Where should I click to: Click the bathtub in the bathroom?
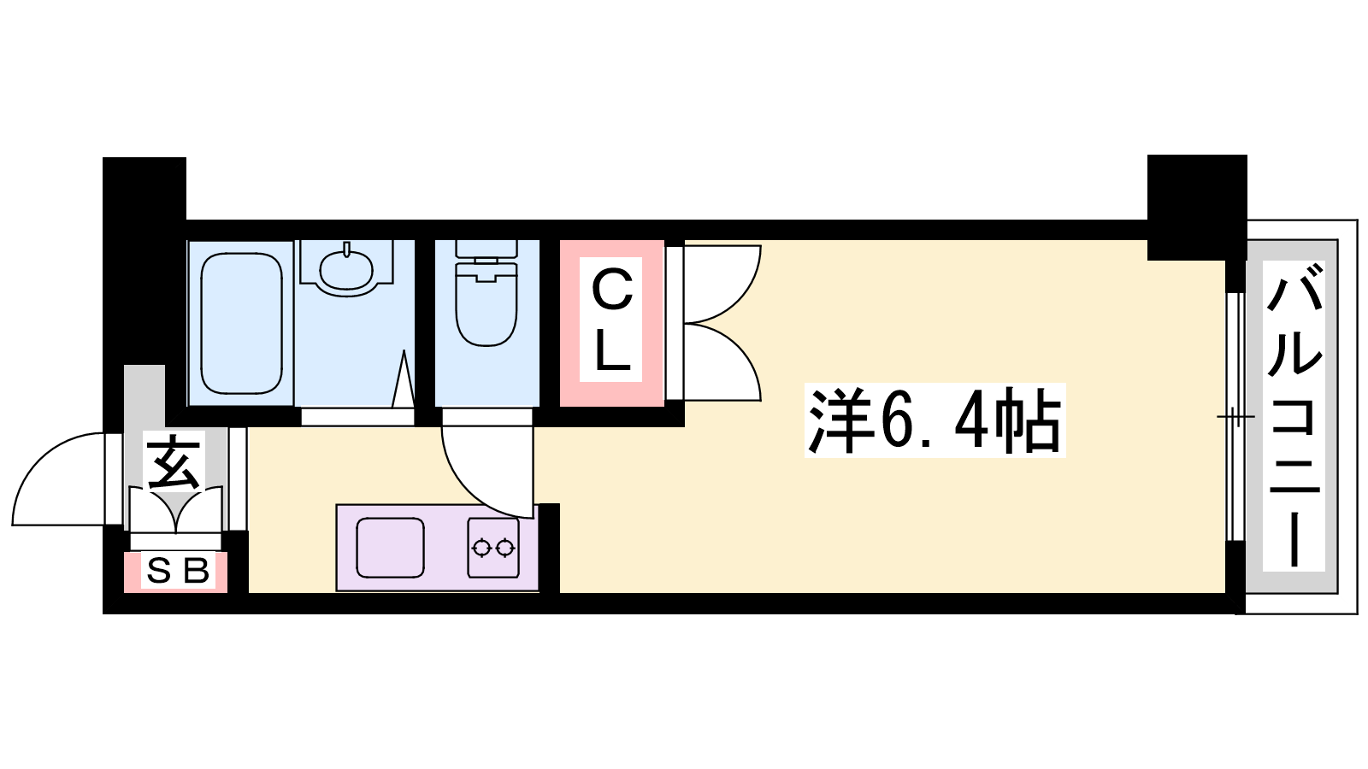[x=241, y=324]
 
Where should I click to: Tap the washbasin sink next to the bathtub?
[x=346, y=273]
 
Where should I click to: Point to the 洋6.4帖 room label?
[x=935, y=420]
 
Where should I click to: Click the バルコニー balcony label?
[x=1294, y=415]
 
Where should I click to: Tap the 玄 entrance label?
[x=174, y=462]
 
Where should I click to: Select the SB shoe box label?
[x=178, y=572]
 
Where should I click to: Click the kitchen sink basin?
[x=390, y=548]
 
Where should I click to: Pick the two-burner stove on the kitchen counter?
[x=493, y=548]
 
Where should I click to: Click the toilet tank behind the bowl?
[x=486, y=249]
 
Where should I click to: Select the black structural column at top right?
[x=1197, y=208]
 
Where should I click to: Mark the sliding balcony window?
[x=1235, y=417]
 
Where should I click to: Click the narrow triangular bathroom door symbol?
[x=403, y=379]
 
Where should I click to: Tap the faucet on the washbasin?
[x=346, y=249]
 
